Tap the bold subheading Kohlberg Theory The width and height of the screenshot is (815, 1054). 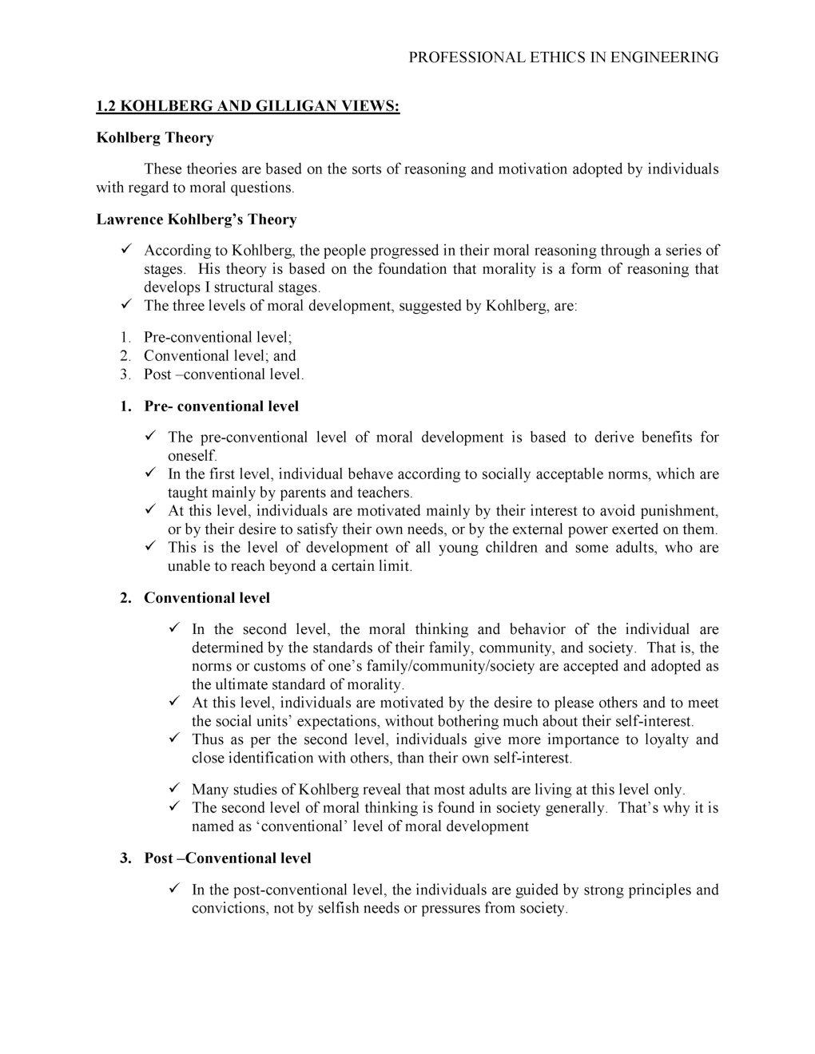[155, 138]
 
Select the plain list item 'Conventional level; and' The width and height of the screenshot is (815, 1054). [220, 356]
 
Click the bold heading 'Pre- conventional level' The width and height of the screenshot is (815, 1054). [221, 406]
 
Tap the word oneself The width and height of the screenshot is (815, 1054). [192, 456]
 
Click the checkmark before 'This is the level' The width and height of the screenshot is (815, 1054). [149, 548]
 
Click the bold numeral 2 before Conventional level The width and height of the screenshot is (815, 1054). [125, 598]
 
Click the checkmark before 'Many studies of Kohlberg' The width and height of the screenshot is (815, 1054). [173, 790]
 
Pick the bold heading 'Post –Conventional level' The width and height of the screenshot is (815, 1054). [228, 858]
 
